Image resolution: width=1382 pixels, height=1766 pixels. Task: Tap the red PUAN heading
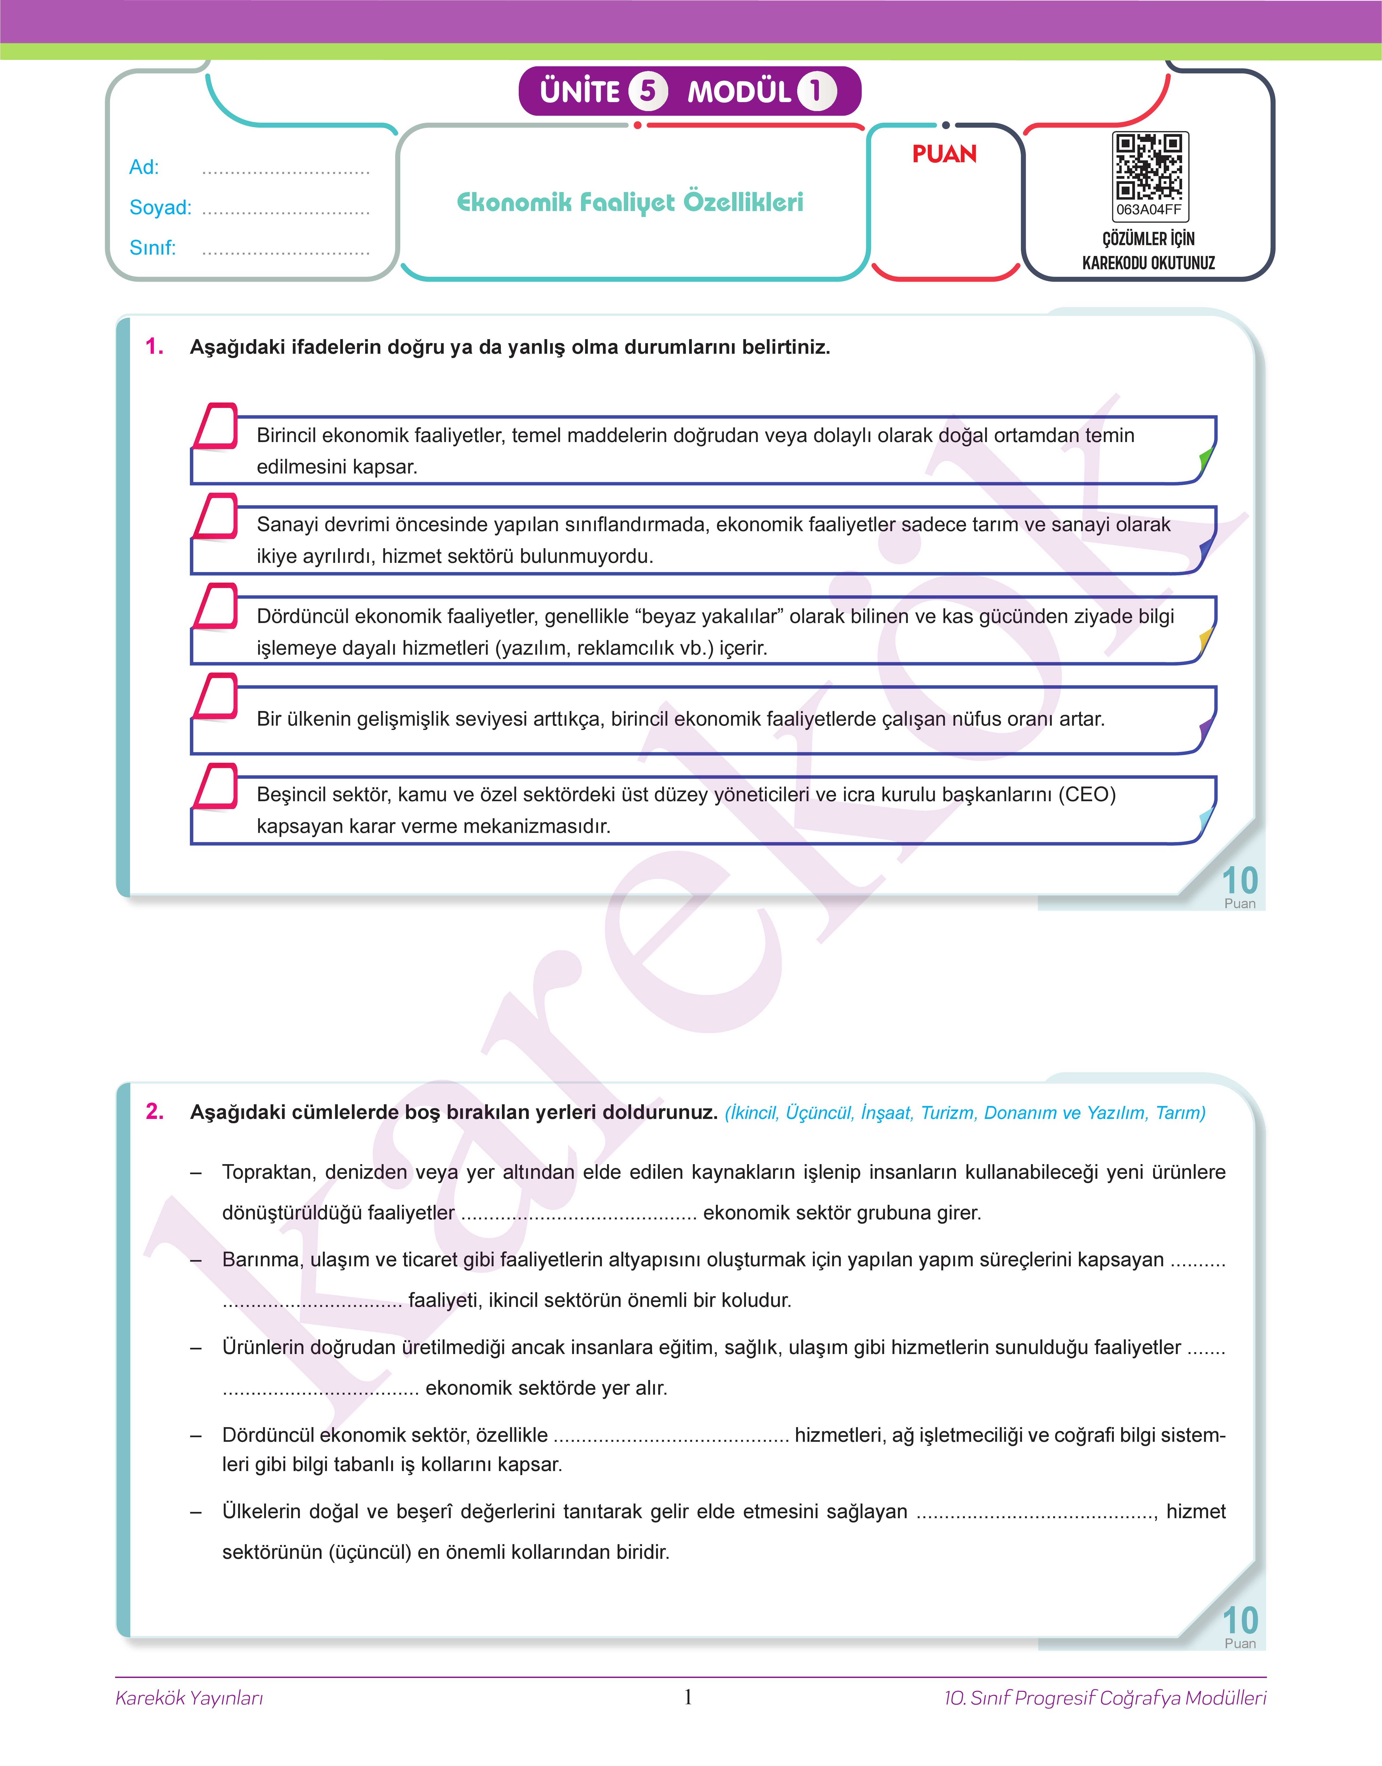coord(944,154)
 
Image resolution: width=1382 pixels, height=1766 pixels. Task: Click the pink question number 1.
coord(155,347)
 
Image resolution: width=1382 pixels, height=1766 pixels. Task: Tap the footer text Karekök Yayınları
coord(189,1698)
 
